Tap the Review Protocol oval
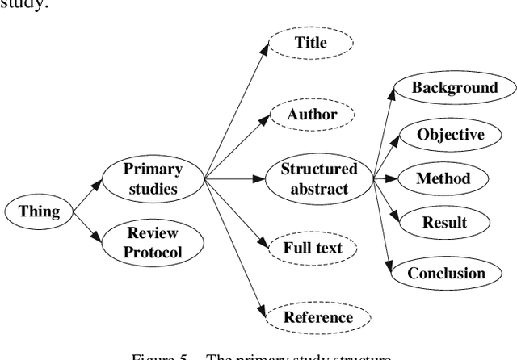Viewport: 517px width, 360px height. coord(153,243)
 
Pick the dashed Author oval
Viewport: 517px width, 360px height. coord(312,115)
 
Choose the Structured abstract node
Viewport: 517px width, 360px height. coord(318,179)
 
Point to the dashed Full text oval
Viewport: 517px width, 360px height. coord(312,247)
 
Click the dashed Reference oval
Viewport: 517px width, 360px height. coord(317,317)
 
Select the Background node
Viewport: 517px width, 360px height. coord(454,88)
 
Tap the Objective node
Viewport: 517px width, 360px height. coord(450,134)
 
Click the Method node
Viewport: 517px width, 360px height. coord(442,178)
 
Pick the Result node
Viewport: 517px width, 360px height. coord(444,222)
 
